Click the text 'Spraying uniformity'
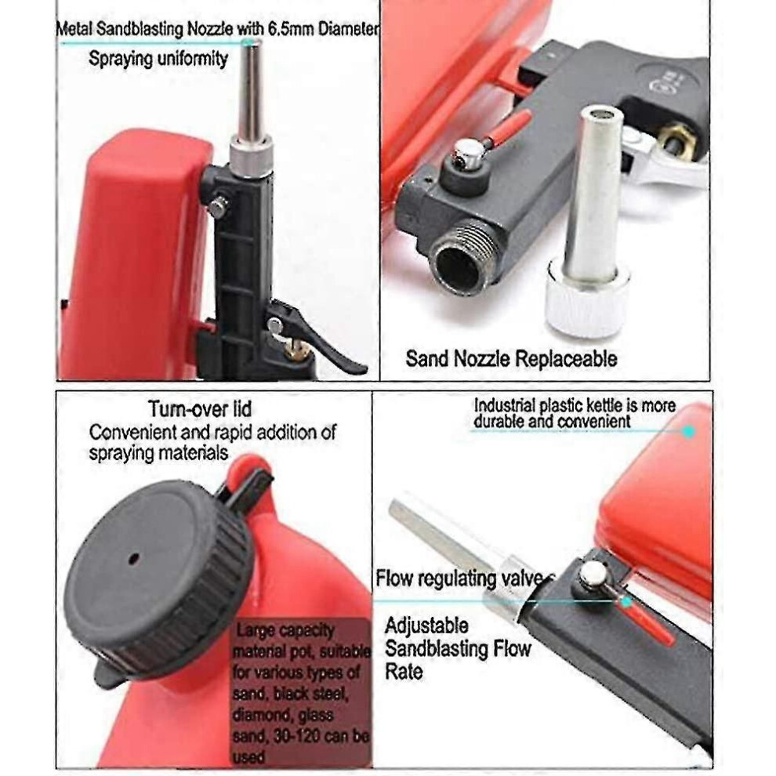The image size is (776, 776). [x=158, y=59]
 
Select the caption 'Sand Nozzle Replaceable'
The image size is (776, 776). [x=511, y=358]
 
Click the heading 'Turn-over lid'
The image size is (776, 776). [x=200, y=409]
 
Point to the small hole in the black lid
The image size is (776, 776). [x=133, y=559]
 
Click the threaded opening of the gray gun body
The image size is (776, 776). [x=462, y=266]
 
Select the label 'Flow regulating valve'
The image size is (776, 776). [x=465, y=578]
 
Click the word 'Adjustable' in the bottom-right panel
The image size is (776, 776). [x=426, y=626]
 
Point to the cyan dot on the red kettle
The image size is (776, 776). [x=688, y=432]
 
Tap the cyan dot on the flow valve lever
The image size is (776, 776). [x=626, y=601]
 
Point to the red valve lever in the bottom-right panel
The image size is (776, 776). [x=647, y=622]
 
